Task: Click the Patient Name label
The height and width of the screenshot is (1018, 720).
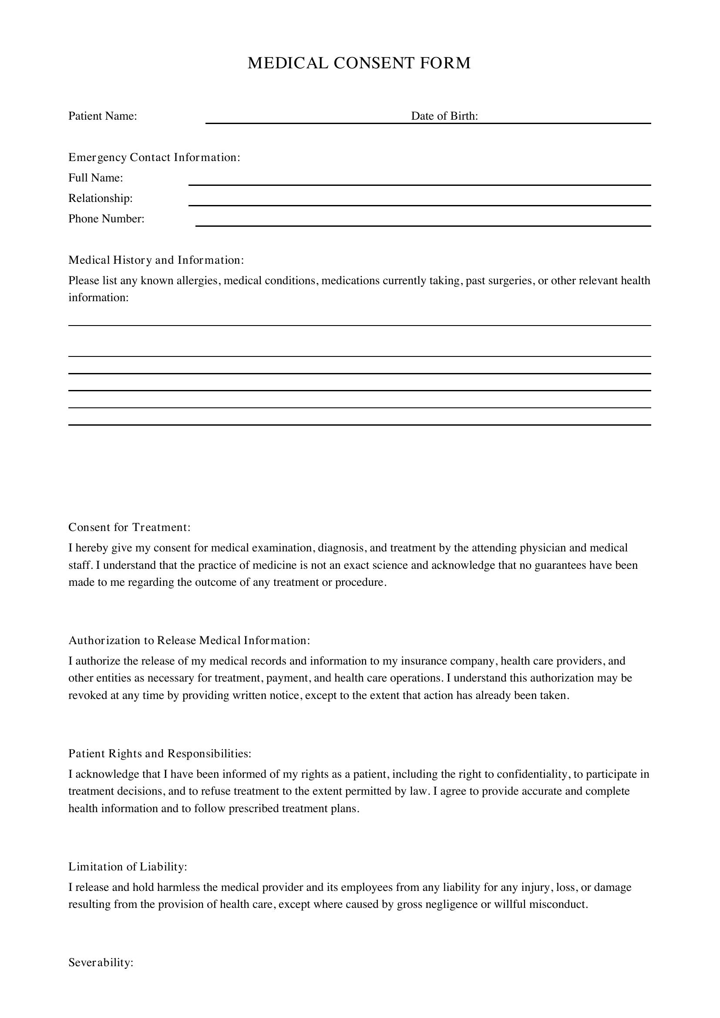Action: coord(102,116)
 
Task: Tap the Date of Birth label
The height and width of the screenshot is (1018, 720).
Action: coord(444,116)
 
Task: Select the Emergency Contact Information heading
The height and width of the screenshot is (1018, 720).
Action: coord(154,158)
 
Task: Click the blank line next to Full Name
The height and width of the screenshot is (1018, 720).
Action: coord(419,181)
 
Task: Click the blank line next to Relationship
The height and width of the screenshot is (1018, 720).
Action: coord(419,202)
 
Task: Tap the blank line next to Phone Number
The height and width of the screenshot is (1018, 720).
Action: coord(423,222)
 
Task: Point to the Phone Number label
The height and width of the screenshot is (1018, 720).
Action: coord(106,218)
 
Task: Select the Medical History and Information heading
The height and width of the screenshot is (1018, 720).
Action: coord(155,260)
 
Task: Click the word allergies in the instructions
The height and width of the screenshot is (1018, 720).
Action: coord(197,280)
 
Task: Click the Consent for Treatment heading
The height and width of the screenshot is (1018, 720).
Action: coord(129,527)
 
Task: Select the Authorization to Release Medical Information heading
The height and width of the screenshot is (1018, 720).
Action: coord(189,640)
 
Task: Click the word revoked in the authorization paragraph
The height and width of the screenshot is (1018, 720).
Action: coord(88,695)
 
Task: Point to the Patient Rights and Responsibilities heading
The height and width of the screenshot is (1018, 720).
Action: coord(160,753)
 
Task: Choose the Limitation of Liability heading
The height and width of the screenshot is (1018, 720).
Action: coord(128,867)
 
